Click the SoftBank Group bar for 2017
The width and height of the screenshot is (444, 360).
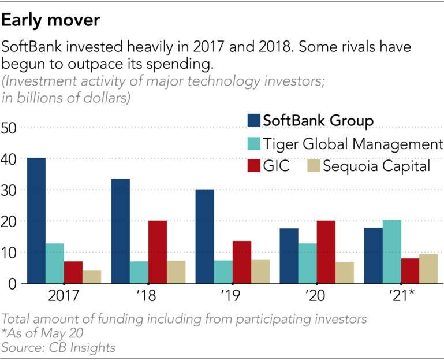tap(36, 220)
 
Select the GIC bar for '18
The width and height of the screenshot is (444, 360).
tap(157, 252)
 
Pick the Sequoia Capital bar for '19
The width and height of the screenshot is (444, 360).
tap(260, 272)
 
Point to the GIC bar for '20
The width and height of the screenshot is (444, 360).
tap(326, 252)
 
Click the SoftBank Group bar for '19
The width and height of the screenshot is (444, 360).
tap(204, 236)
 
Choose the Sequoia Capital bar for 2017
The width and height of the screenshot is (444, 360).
tap(92, 277)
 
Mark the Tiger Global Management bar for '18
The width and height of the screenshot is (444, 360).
tap(139, 272)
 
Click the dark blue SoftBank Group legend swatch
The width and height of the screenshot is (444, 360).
tap(253, 121)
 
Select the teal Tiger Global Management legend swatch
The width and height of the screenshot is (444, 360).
tap(253, 144)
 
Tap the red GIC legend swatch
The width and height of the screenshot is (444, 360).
tap(253, 166)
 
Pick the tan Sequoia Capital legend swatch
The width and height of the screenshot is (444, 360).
tap(313, 166)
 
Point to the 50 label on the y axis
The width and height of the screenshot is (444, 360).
tap(10, 127)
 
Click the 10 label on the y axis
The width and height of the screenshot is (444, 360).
tap(10, 253)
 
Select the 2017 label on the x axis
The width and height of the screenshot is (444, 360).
tap(64, 299)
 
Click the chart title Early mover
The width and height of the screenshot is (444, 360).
tap(51, 21)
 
